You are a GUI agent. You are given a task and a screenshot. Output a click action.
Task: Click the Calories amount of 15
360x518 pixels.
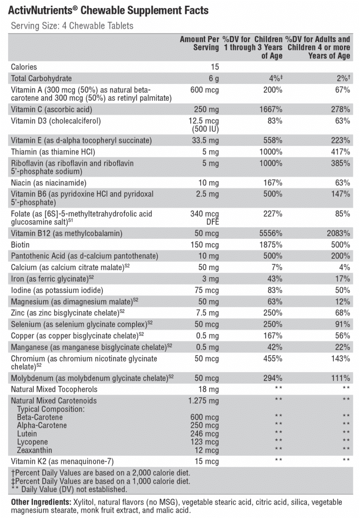tap(215, 67)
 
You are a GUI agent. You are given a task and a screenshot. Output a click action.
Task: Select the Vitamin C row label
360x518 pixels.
tap(51, 109)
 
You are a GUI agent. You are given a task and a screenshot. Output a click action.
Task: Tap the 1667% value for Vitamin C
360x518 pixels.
tap(271, 109)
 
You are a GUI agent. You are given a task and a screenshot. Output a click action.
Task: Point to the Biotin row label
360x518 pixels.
tap(20, 245)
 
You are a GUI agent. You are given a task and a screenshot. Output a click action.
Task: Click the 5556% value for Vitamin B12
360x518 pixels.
tap(271, 233)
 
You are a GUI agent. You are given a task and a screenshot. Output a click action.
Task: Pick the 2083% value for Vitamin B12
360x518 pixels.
tap(338, 233)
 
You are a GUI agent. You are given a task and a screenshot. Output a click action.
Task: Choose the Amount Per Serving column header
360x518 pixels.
tap(199, 43)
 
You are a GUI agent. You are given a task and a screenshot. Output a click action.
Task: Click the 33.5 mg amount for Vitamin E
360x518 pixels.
tap(205, 141)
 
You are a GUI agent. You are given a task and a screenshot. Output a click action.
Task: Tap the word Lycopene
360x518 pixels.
tap(32, 442)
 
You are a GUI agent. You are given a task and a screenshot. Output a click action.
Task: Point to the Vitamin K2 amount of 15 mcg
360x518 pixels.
tap(206, 461)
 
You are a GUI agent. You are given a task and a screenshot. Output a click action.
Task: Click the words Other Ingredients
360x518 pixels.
tap(41, 502)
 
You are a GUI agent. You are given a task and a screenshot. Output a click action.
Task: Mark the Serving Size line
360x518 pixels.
tap(72, 26)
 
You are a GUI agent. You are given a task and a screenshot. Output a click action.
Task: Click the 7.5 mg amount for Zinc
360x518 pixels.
tap(207, 313)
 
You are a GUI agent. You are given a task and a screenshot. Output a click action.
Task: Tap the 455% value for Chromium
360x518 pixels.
tap(273, 358)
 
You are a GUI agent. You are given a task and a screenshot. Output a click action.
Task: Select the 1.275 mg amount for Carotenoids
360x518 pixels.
tap(204, 400)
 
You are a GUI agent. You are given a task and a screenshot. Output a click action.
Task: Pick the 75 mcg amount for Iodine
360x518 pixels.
tap(206, 290)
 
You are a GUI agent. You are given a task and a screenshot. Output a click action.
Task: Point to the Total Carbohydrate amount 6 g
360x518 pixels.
tap(214, 78)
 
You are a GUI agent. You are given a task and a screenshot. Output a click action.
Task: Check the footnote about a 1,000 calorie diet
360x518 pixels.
tap(100, 482)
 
